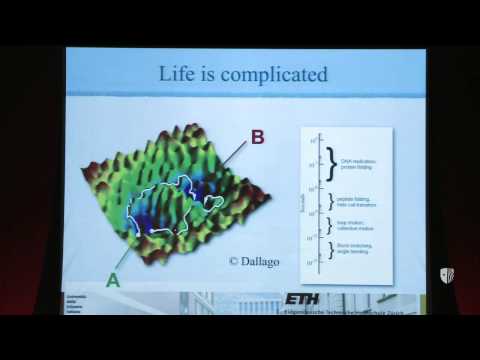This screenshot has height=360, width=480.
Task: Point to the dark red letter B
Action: (257, 137)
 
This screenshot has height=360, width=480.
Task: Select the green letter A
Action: (113, 280)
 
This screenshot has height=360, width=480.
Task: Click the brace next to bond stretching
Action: (329, 249)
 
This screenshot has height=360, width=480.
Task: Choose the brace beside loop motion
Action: (329, 224)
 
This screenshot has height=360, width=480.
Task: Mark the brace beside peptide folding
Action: (329, 202)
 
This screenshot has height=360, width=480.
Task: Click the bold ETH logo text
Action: (302, 298)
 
